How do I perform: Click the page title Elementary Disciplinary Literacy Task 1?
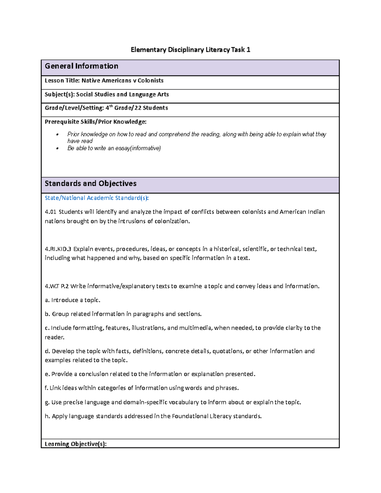(190, 50)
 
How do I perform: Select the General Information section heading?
(82, 66)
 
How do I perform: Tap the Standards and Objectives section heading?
(90, 183)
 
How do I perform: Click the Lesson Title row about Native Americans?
(104, 81)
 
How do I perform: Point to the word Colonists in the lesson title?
(150, 81)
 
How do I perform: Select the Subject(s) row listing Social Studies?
(107, 95)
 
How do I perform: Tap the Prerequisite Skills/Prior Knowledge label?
(96, 122)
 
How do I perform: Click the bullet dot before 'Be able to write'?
(57, 148)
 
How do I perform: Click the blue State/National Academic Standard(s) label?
(97, 198)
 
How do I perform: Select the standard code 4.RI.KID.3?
(58, 249)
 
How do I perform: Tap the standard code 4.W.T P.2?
(57, 286)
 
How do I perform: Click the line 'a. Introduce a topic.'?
(72, 300)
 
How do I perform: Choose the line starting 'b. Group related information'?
(123, 314)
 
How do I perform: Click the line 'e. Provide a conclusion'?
(150, 374)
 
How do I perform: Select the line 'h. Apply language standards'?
(153, 416)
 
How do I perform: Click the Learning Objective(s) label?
(76, 444)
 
